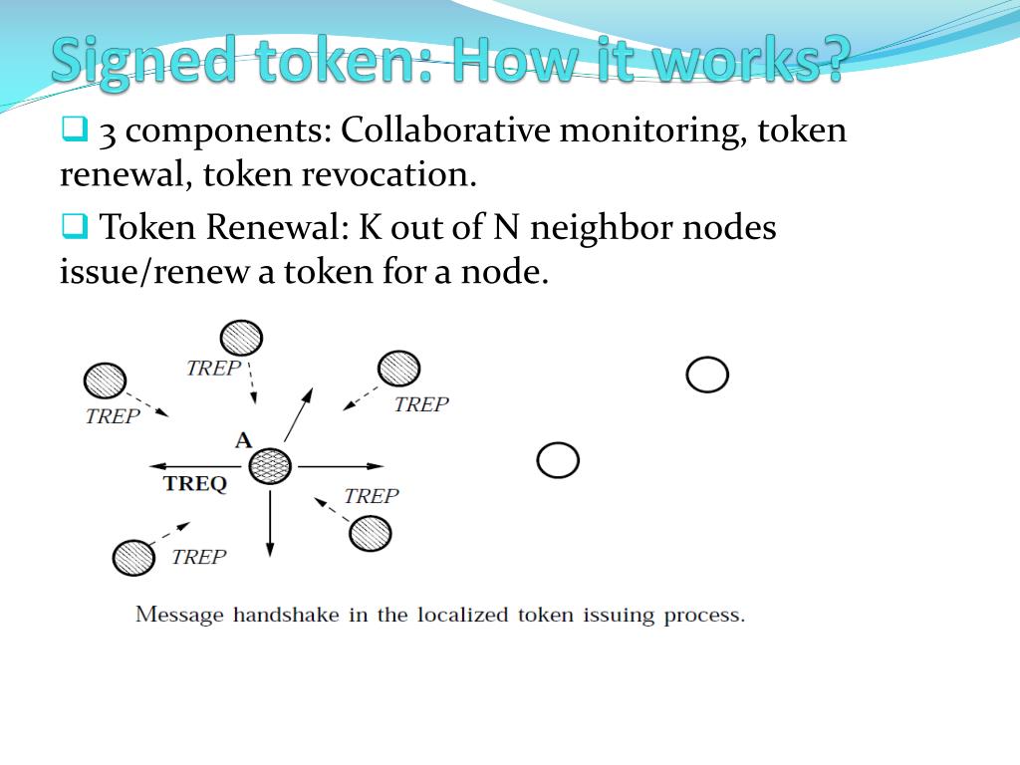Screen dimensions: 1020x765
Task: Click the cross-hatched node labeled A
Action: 270,466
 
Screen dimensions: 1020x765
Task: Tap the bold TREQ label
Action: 195,483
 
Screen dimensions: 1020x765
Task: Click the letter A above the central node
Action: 243,440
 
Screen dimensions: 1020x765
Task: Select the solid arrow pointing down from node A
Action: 270,524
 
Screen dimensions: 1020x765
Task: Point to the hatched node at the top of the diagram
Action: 241,338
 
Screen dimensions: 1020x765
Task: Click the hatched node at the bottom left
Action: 133,558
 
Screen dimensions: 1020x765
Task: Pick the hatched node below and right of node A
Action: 371,534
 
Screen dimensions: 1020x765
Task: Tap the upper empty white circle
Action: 707,375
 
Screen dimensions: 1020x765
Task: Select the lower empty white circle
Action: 558,460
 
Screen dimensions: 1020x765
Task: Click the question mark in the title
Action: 831,59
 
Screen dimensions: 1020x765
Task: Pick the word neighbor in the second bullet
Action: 602,228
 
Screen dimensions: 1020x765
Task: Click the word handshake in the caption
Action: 286,615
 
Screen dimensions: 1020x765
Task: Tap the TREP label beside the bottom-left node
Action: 199,557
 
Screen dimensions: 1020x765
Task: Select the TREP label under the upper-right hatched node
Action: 421,404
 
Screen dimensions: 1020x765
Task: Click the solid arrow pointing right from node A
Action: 341,466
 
